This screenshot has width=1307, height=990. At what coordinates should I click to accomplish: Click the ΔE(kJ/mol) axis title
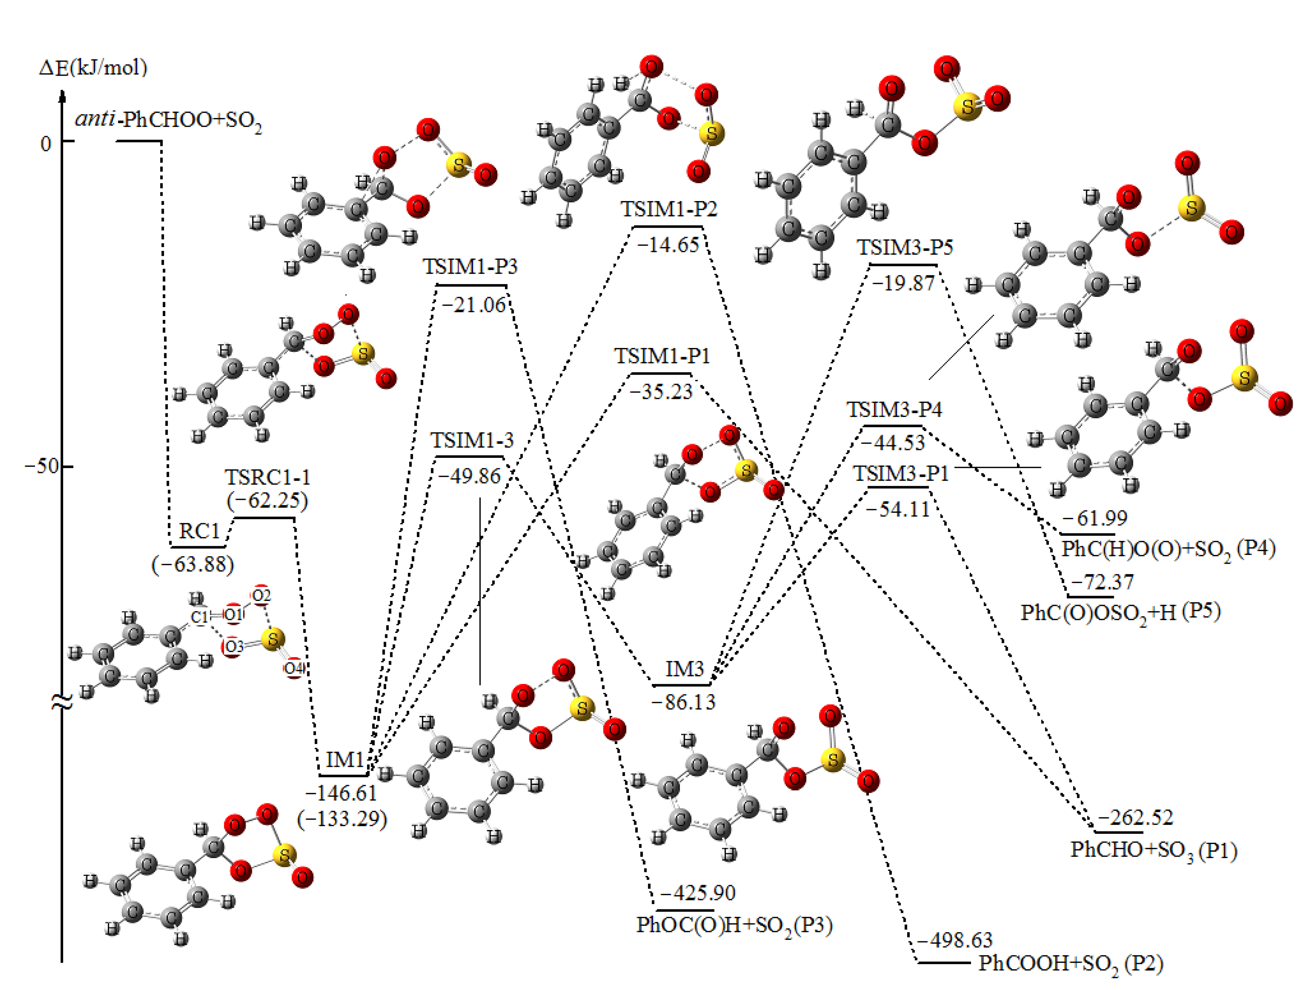point(93,67)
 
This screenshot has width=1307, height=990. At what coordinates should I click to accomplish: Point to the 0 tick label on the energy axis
point(46,143)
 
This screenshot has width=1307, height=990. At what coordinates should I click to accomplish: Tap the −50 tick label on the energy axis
point(41,466)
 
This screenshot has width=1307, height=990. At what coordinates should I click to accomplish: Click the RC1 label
point(199,531)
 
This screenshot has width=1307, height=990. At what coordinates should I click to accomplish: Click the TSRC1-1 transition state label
point(267,477)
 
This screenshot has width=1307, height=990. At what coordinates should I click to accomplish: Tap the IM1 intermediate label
point(344,760)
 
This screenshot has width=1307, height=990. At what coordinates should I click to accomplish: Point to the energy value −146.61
point(341,792)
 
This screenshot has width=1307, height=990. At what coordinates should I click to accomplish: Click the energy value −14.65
point(668,245)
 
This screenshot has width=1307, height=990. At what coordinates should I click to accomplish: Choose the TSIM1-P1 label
point(662,356)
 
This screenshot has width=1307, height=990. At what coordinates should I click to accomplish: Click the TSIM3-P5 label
point(905,247)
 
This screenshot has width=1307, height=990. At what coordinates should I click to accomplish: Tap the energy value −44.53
point(892,442)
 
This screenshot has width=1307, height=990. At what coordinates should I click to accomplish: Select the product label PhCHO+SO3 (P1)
point(1153,849)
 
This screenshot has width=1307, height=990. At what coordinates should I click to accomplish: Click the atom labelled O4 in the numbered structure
point(294,668)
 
